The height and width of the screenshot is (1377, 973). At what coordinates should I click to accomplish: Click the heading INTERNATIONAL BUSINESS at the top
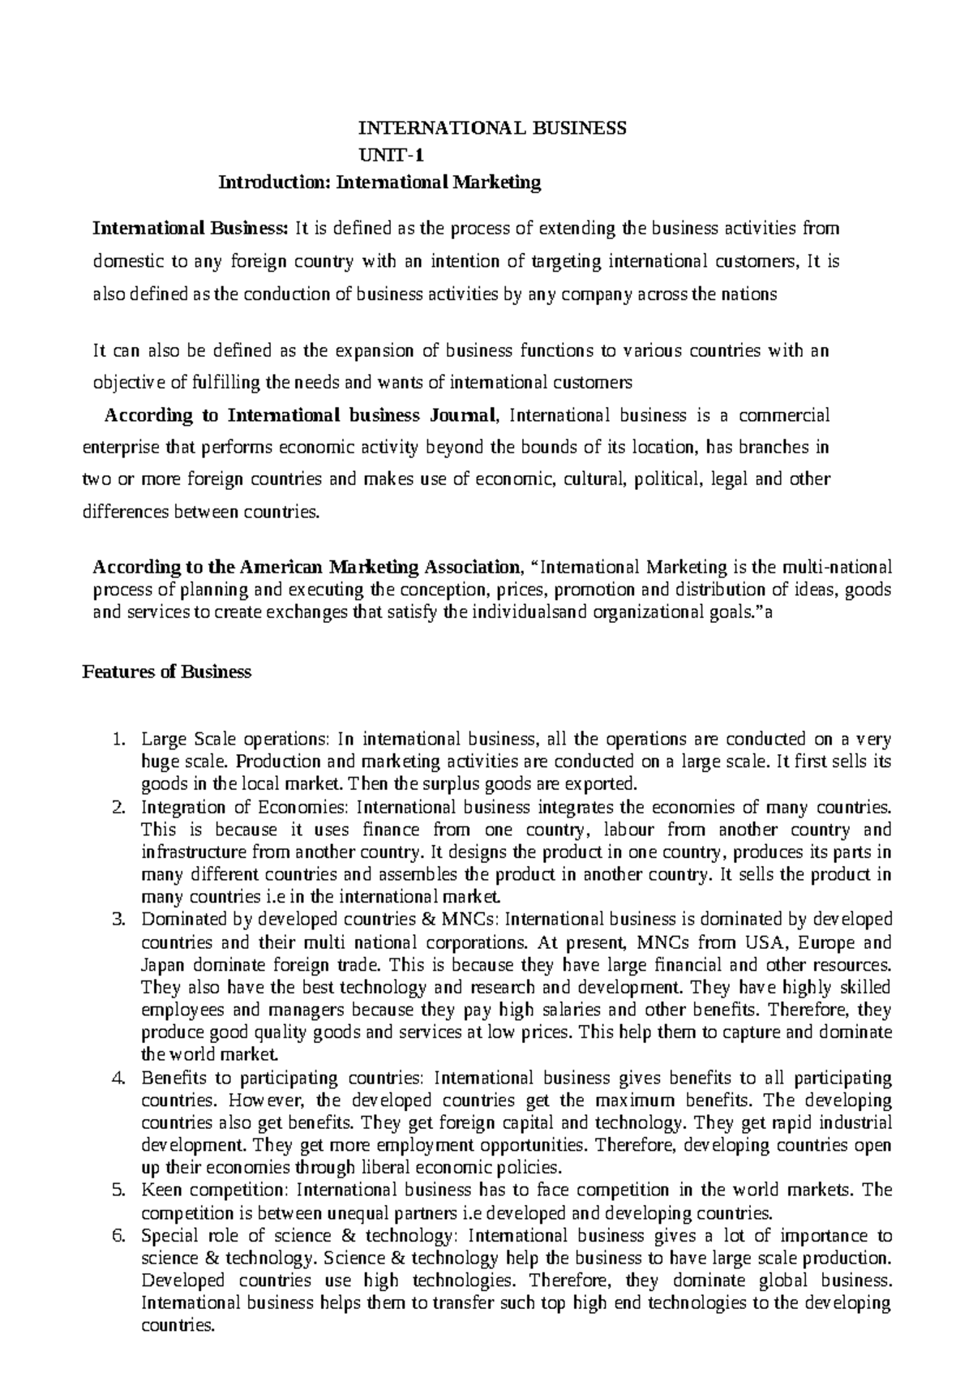point(493,127)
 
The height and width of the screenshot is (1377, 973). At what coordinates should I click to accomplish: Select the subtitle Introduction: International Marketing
point(379,182)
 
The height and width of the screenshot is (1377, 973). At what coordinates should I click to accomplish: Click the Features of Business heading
point(167,671)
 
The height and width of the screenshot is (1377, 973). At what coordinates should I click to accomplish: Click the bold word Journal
point(457,416)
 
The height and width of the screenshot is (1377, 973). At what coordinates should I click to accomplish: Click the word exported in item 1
point(610,784)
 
